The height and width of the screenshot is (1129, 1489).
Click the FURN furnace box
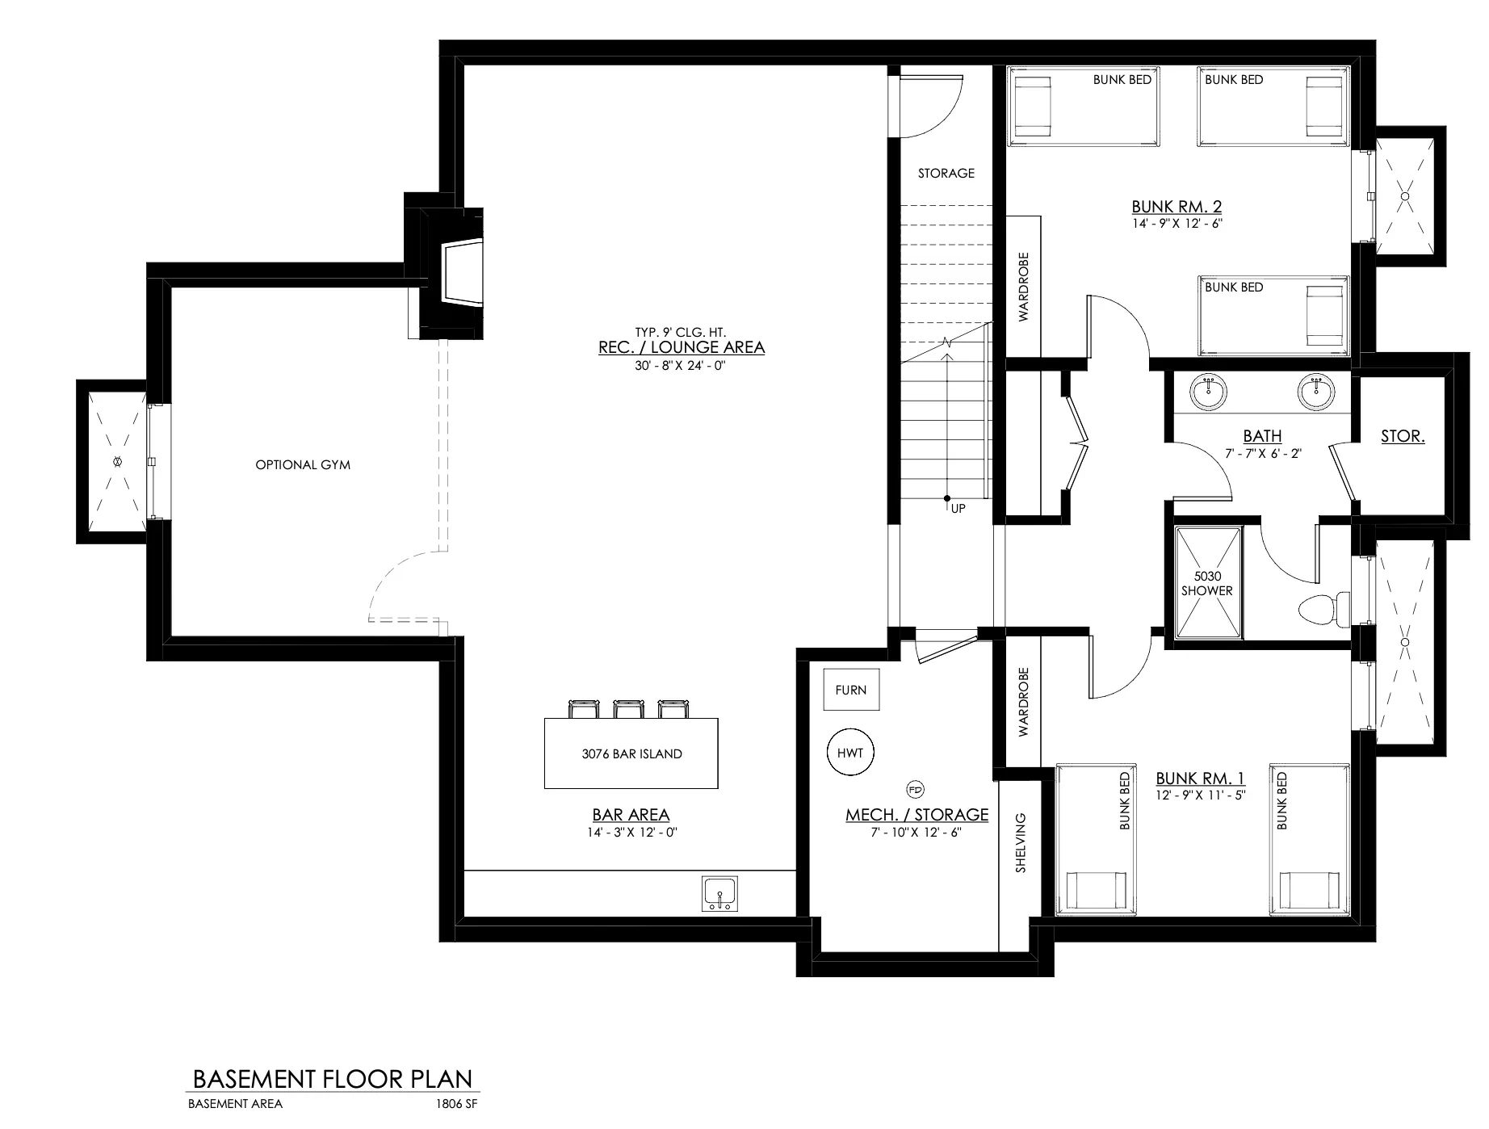tap(851, 690)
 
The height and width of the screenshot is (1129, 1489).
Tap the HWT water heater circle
tap(850, 753)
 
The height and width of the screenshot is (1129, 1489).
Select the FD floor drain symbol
tap(916, 789)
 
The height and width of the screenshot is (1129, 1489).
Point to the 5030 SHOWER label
tap(1207, 583)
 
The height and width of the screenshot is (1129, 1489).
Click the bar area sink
tap(719, 893)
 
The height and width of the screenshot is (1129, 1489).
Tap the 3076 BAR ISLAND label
tap(631, 753)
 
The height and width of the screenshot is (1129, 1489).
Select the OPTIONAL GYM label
tap(303, 464)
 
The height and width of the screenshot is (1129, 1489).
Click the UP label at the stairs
tap(958, 509)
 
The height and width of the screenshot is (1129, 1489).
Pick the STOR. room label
tap(1403, 436)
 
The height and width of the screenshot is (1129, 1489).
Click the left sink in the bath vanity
tap(1209, 392)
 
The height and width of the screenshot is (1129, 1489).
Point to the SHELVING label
tap(1021, 842)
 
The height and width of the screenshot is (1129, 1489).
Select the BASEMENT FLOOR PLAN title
tap(333, 1079)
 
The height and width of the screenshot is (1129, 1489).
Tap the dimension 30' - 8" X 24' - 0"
tap(682, 365)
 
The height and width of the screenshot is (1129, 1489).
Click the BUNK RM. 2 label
tap(1177, 207)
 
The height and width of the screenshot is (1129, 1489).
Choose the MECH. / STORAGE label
tap(916, 814)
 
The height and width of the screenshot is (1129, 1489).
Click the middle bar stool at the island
tap(627, 709)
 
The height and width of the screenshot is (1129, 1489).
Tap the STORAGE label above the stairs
tap(946, 173)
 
